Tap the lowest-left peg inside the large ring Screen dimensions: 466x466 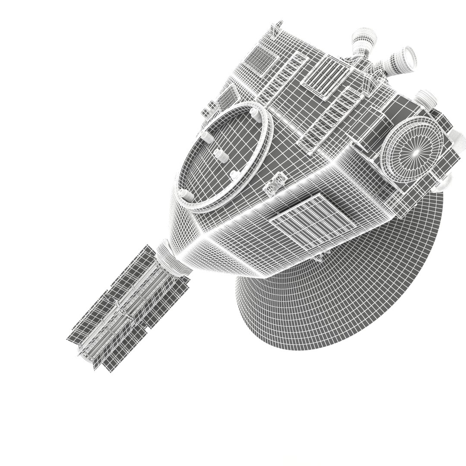186,195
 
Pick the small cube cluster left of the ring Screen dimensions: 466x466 210,108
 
